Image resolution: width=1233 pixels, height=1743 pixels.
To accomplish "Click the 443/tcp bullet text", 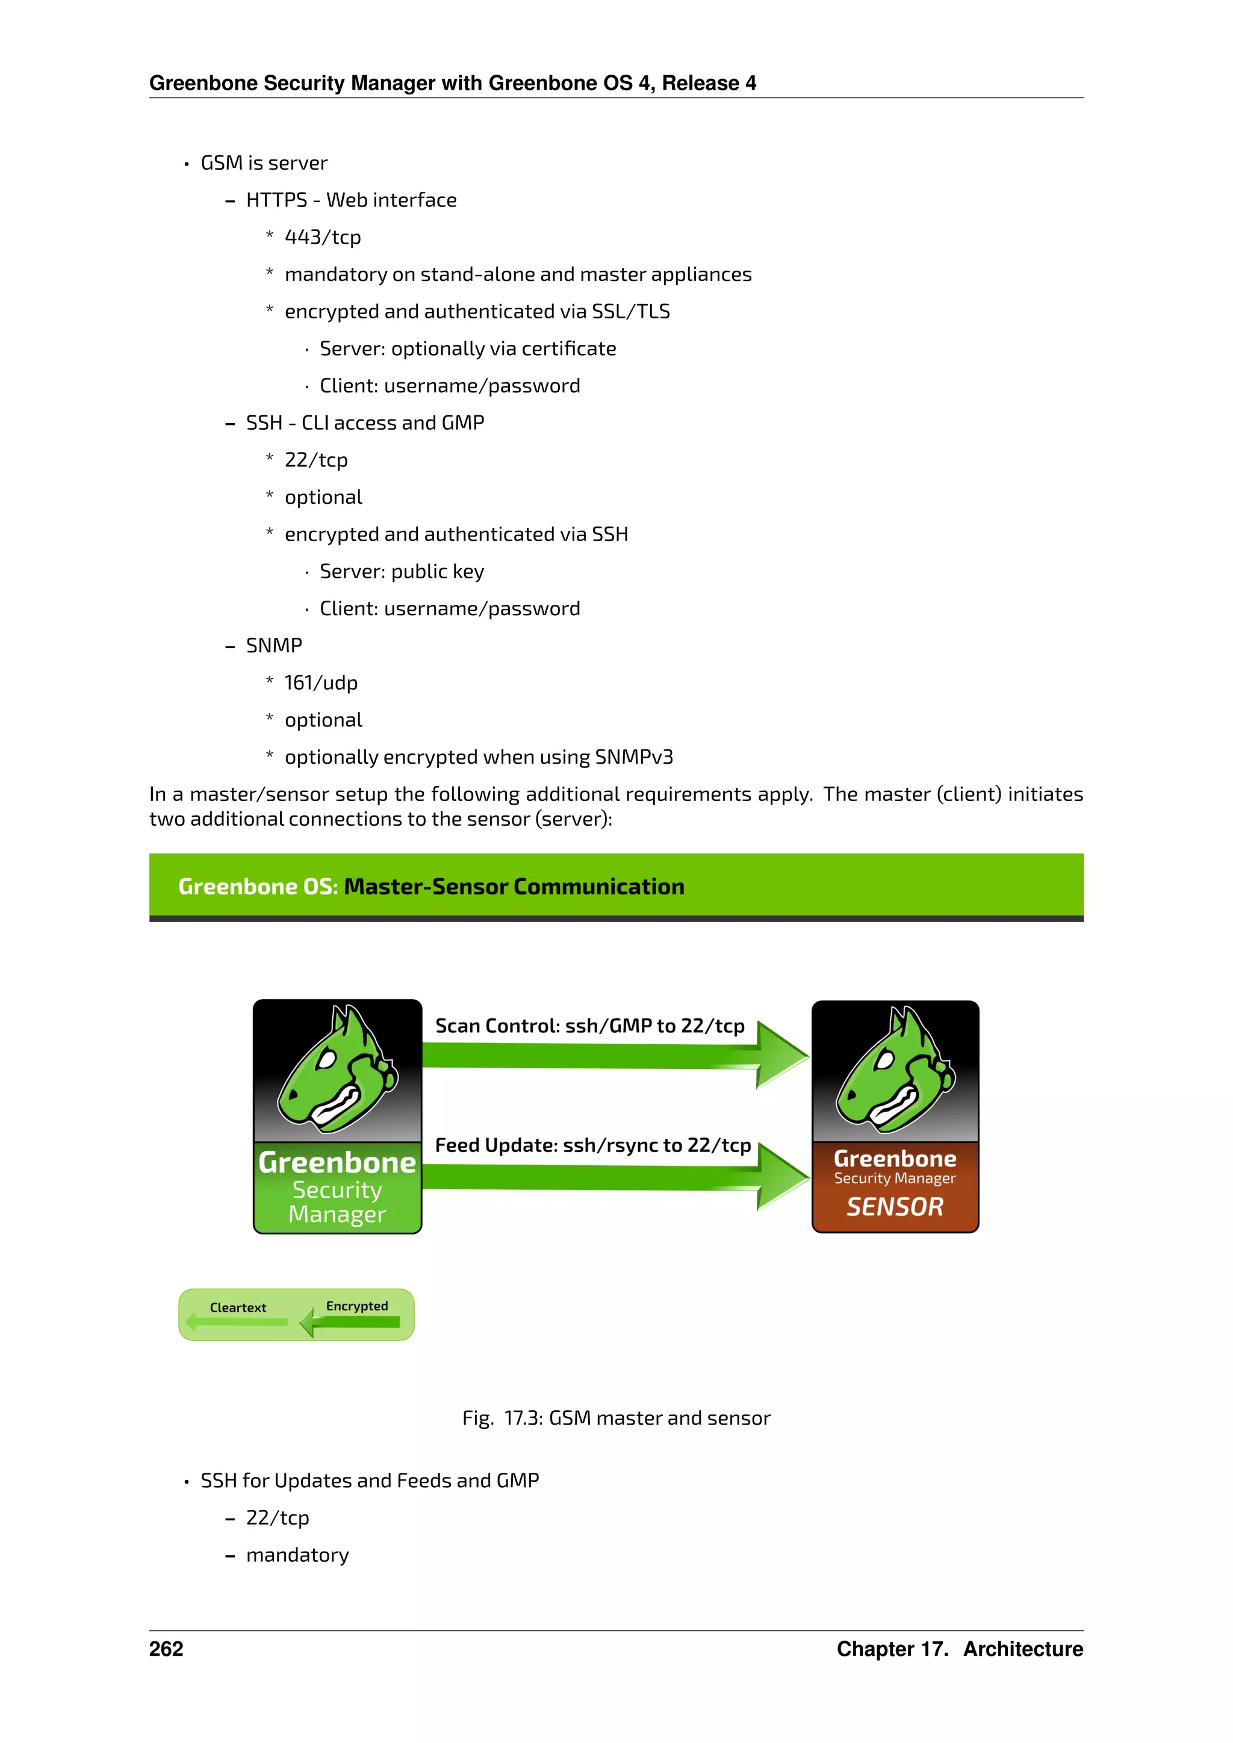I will click(x=322, y=238).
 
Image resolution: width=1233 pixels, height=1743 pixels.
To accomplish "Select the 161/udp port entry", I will click(x=320, y=683).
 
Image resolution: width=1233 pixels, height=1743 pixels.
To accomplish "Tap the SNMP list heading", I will click(x=273, y=646).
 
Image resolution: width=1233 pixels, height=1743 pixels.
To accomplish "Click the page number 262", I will click(x=166, y=1649).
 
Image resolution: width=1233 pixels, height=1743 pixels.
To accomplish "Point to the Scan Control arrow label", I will click(x=589, y=1026).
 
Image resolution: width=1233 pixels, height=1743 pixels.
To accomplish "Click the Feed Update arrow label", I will click(x=592, y=1145).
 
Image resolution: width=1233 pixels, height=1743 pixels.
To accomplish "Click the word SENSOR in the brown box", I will click(x=895, y=1207).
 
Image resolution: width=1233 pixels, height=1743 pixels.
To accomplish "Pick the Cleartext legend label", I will click(x=238, y=1308).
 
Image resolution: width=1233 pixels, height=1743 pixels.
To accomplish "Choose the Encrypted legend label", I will click(x=357, y=1307).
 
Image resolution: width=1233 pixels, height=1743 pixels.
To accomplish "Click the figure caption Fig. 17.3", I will click(x=616, y=1419).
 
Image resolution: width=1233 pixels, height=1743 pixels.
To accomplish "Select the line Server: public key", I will click(x=401, y=572).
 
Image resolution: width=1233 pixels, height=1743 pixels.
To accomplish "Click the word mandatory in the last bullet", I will click(x=297, y=1555).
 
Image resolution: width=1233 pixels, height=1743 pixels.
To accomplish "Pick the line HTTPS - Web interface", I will click(x=351, y=200).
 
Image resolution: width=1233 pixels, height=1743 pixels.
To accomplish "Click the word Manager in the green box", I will click(x=337, y=1215).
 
